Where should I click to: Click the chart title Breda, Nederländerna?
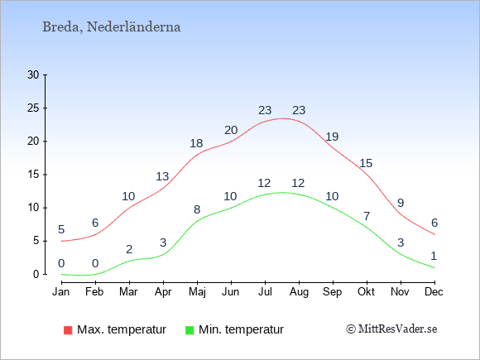(x=112, y=27)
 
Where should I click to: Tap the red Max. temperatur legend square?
(x=68, y=330)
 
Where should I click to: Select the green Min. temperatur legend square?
(x=190, y=330)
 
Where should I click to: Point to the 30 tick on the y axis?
(x=33, y=74)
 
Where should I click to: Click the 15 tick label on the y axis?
(x=33, y=175)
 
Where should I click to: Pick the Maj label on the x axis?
(x=197, y=292)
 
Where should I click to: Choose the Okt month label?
(x=366, y=292)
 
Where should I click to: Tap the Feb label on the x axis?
(x=94, y=292)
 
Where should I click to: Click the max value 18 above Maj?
(x=196, y=143)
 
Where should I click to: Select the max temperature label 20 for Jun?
(x=231, y=130)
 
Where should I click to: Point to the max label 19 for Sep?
(x=332, y=137)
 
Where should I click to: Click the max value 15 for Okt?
(x=366, y=163)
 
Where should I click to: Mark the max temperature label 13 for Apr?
(x=162, y=176)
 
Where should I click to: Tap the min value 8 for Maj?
(x=197, y=209)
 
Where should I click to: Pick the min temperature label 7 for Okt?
(x=367, y=217)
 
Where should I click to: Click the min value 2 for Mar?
(x=129, y=249)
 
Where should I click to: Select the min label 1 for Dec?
(x=434, y=256)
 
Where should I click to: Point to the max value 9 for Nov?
(x=401, y=203)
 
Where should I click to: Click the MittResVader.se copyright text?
(x=391, y=329)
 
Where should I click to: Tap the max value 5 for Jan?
(x=61, y=229)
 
